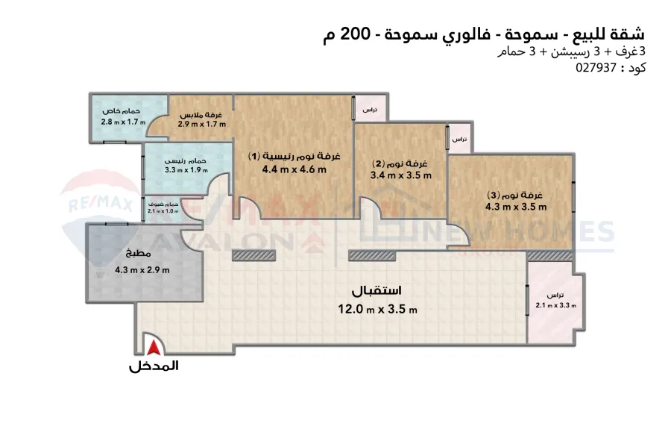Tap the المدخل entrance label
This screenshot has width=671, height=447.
coord(154,366)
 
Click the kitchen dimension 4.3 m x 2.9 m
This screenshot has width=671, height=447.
coord(142,270)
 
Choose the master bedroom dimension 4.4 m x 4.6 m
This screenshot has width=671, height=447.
coord(294,169)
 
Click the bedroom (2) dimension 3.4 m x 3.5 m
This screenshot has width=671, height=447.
coord(401,175)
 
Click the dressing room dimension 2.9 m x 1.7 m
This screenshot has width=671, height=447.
coord(201,124)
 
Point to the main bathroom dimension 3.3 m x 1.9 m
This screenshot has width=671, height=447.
coord(185,169)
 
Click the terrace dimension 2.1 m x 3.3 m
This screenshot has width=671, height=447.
coord(555,305)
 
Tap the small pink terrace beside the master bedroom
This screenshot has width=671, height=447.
coord(369,110)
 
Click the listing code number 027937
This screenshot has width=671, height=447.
coord(597,67)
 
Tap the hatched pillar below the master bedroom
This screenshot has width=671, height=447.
coord(253,256)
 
